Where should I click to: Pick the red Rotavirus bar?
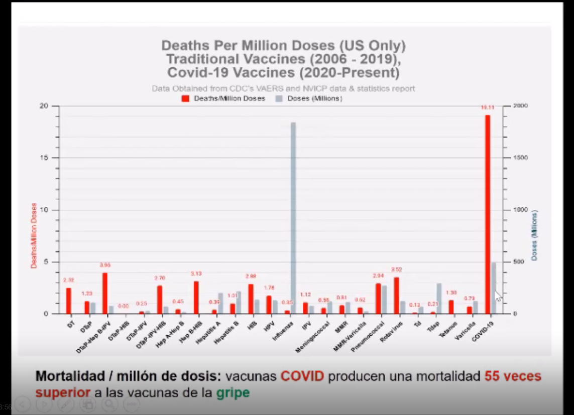396,296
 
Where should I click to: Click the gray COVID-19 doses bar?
494,288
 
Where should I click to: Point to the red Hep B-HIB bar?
196,298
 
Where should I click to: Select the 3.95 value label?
105,265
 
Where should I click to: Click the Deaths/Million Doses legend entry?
224,99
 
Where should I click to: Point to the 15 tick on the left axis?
44,158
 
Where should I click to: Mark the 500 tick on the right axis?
520,262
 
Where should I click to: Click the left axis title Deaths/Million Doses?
34,235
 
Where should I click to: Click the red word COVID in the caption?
302,376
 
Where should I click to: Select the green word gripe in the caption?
233,392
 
